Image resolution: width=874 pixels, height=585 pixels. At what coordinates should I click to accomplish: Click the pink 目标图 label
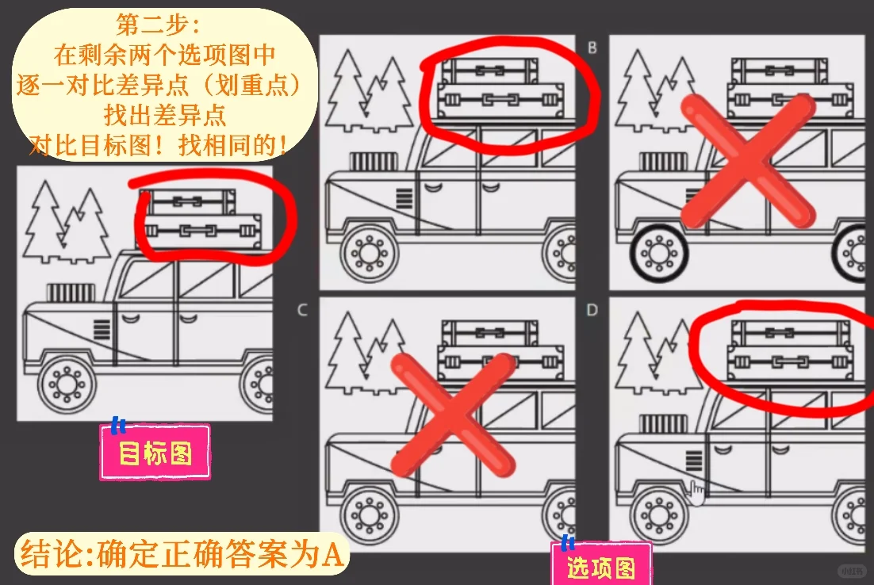coord(155,452)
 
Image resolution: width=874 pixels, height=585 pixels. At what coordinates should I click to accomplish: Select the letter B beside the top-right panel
coord(592,48)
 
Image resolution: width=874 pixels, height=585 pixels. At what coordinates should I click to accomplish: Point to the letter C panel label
coord(303,310)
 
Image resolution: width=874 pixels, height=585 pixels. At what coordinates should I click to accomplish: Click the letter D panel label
coord(592,310)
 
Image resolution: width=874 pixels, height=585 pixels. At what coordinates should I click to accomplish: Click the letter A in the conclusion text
coord(333,554)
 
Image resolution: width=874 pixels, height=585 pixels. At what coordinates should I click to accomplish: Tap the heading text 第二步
coord(158,24)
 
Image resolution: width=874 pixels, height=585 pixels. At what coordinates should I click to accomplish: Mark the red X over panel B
coord(749,161)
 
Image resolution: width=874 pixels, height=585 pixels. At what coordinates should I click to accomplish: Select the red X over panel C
coord(453,415)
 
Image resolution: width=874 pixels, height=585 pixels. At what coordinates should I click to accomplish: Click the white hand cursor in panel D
coord(696,492)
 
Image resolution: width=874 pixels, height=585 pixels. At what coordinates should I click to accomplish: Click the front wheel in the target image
coord(67,384)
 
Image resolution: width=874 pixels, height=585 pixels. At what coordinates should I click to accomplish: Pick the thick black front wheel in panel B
coord(659,254)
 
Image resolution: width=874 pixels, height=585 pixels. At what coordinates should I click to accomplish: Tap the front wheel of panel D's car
coord(659,515)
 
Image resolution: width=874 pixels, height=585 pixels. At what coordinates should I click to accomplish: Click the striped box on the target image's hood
coord(71,292)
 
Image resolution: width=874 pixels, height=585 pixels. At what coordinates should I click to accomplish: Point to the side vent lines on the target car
coord(102,329)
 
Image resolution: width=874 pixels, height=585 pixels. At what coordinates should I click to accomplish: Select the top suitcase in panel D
coord(791,333)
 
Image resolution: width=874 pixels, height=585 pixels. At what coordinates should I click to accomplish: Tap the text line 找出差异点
coord(165,115)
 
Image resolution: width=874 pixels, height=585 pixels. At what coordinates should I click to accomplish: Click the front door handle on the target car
coord(130,319)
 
